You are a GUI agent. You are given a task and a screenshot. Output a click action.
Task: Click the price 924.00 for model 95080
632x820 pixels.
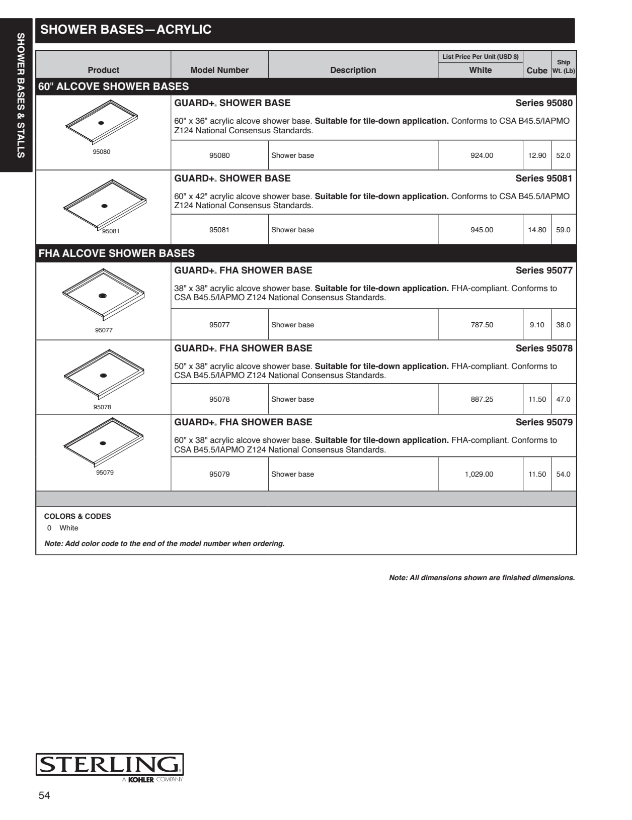click(482, 155)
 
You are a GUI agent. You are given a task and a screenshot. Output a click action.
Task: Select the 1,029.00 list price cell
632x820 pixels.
click(479, 474)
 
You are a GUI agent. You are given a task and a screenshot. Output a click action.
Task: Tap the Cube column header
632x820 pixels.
click(536, 70)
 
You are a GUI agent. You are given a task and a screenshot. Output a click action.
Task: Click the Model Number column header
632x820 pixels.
click(219, 70)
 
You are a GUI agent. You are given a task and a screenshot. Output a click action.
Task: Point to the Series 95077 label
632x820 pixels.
click(544, 270)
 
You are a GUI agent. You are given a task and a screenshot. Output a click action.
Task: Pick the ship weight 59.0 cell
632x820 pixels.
click(563, 230)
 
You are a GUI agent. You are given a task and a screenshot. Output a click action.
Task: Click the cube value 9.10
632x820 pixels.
click(537, 325)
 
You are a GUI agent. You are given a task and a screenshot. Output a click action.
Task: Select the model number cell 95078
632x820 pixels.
click(219, 399)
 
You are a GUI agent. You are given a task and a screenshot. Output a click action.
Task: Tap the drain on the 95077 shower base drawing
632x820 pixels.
click(103, 296)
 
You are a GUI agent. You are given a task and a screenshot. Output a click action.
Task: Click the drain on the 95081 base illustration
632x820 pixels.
click(105, 206)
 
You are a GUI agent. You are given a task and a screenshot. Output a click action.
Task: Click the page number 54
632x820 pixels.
click(44, 795)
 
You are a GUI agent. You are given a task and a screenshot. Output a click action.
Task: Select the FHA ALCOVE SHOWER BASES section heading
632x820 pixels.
click(117, 253)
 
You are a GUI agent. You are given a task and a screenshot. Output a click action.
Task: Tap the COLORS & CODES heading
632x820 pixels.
click(77, 516)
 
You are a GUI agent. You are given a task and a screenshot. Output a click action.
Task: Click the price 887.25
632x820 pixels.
click(482, 399)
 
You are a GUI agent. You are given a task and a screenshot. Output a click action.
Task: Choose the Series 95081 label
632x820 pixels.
click(544, 178)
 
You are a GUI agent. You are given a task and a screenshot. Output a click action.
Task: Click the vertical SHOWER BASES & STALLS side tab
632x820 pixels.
click(21, 96)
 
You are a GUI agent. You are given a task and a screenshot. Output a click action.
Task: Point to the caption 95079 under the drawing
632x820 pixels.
click(105, 473)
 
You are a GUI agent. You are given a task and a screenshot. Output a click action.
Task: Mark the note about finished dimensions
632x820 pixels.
click(482, 578)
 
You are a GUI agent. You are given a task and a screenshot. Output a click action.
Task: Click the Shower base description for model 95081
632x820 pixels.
click(292, 230)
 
